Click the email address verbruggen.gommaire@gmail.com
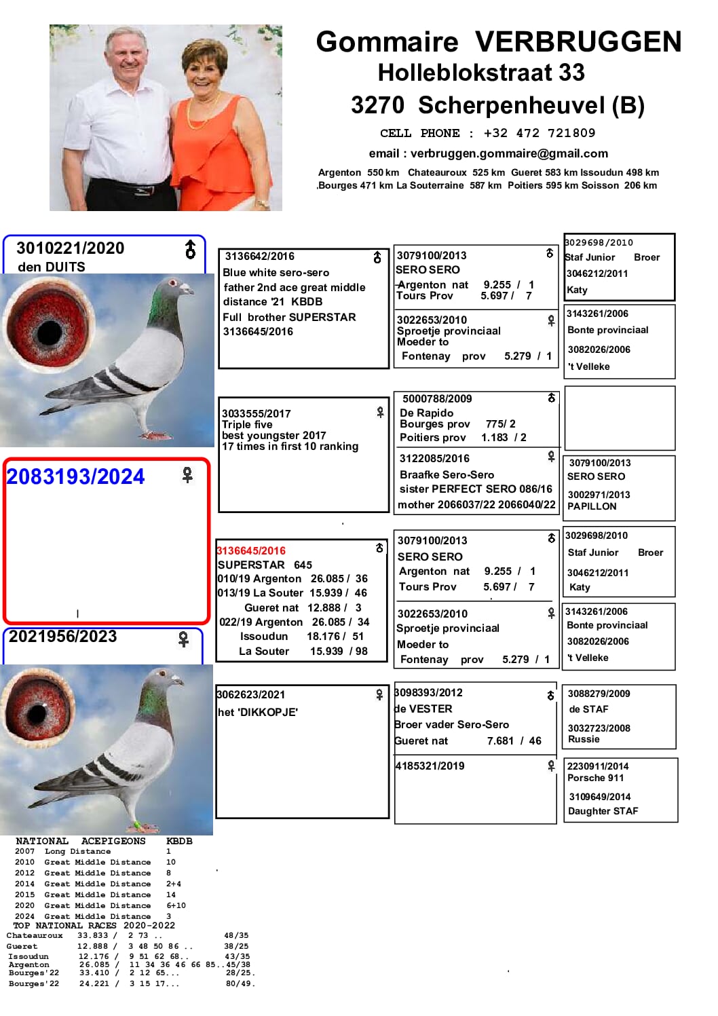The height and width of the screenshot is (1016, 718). (x=509, y=153)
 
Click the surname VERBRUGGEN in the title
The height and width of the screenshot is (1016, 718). (x=578, y=42)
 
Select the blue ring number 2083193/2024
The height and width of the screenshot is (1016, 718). (x=75, y=476)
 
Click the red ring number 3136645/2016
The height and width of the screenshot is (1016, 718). (x=251, y=550)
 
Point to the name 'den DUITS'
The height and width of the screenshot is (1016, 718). (x=52, y=267)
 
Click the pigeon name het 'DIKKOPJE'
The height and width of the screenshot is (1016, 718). (x=257, y=712)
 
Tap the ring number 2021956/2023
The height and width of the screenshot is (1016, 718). (x=62, y=637)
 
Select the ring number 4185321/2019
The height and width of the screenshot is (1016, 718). (x=430, y=766)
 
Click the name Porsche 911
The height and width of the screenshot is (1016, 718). (x=595, y=778)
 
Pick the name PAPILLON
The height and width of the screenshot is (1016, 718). (x=592, y=506)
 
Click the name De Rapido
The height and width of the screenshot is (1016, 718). (x=426, y=413)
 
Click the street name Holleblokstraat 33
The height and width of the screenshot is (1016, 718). (x=480, y=73)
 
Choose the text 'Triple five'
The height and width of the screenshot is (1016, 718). (x=247, y=424)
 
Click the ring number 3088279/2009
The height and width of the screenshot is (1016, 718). (x=599, y=694)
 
